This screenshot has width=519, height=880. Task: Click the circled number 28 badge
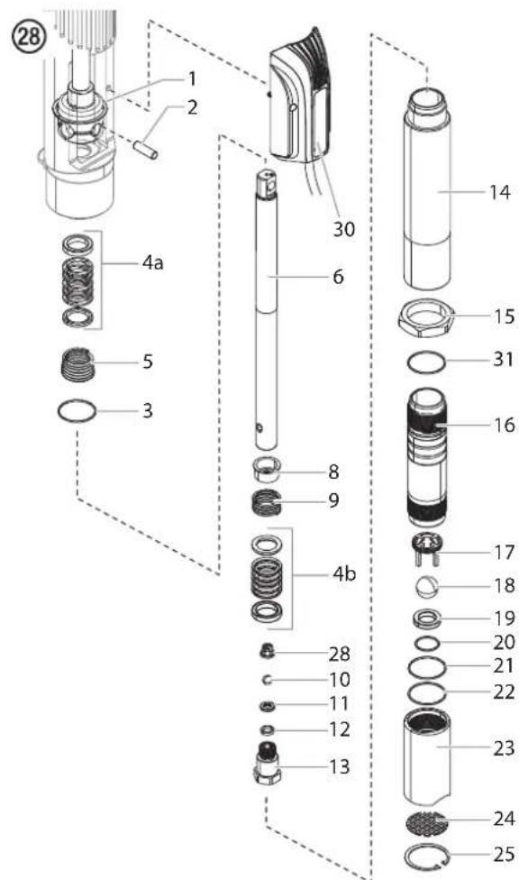pos(28,36)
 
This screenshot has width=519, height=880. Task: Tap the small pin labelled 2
pos(145,150)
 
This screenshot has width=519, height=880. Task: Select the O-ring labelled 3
pos(77,411)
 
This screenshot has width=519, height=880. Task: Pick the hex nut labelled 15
pos(427,317)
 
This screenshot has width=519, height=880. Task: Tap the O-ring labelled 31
pos(426,362)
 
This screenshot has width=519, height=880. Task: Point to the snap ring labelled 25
pos(427,855)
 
